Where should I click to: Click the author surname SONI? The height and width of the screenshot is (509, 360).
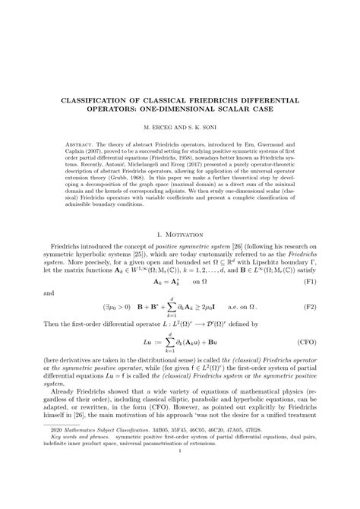click(x=212, y=129)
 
